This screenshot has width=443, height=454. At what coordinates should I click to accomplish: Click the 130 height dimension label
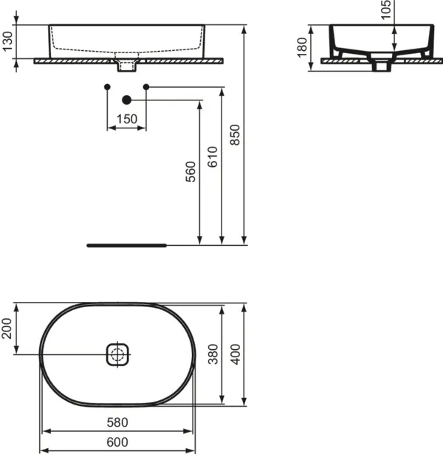(x=8, y=41)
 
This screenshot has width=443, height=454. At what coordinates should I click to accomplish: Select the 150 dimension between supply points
(x=127, y=119)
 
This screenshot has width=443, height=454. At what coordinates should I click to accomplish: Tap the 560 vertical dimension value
(x=190, y=172)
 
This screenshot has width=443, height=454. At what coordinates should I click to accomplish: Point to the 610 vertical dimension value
(x=213, y=157)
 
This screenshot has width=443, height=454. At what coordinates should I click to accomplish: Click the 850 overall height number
(x=235, y=135)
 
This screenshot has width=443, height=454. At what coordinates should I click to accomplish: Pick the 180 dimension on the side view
(x=302, y=47)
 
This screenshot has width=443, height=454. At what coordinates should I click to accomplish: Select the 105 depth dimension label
(x=386, y=10)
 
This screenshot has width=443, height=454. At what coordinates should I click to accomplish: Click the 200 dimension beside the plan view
(x=7, y=329)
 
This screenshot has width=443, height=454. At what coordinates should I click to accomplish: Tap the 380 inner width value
(x=213, y=354)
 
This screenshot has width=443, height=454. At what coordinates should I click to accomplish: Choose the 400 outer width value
(x=235, y=354)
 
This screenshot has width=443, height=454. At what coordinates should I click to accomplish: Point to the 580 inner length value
(x=117, y=422)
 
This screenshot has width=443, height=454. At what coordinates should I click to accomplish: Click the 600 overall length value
(x=117, y=442)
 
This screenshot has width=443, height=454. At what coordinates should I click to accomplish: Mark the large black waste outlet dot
(x=126, y=100)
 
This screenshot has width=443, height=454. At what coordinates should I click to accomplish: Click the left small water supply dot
(x=107, y=87)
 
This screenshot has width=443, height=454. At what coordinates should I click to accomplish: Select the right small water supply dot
(x=146, y=87)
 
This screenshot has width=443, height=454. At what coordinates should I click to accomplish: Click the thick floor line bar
(x=127, y=246)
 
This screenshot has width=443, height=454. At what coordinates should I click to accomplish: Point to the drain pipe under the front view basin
(x=126, y=66)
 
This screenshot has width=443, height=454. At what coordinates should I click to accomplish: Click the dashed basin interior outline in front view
(x=126, y=49)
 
